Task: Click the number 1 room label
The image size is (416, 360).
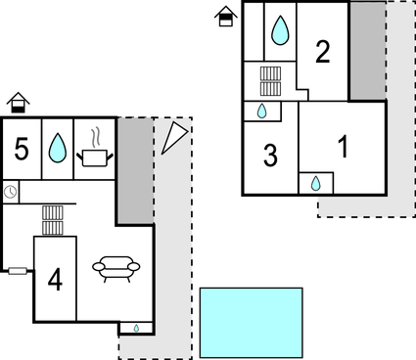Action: (x=343, y=148)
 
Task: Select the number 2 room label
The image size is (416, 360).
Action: (x=322, y=53)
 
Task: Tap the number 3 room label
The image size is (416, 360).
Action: (x=270, y=156)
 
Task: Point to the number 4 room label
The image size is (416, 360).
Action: (x=55, y=280)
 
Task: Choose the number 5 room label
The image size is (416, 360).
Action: (x=22, y=149)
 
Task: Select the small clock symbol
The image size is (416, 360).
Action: (x=10, y=192)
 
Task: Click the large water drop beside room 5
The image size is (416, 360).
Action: (x=58, y=148)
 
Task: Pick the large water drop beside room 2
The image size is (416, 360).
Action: (x=281, y=30)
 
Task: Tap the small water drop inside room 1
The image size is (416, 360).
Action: (x=316, y=183)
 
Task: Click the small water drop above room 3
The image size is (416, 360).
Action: (x=262, y=112)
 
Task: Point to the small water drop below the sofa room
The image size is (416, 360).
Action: (x=136, y=328)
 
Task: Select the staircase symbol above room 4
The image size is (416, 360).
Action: (x=54, y=220)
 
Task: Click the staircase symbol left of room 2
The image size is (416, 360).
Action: (x=271, y=79)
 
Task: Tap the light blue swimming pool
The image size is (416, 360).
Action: (x=252, y=322)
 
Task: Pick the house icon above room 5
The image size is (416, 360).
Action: (x=18, y=102)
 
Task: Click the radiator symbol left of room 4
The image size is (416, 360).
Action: (x=18, y=271)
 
